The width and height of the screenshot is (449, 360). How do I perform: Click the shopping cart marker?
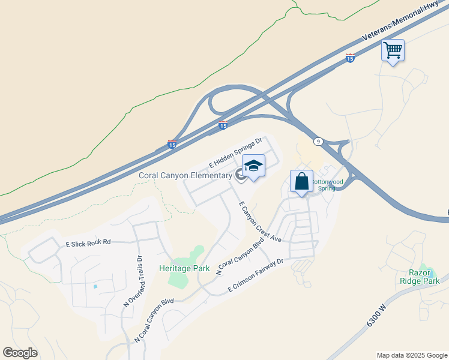(393, 50)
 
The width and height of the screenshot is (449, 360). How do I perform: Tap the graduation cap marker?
(253, 166)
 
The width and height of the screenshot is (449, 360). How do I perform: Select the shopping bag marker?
(301, 182)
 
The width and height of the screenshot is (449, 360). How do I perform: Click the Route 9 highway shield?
(318, 142)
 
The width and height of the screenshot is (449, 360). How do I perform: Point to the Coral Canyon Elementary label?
(185, 176)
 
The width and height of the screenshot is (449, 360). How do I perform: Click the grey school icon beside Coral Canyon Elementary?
(240, 175)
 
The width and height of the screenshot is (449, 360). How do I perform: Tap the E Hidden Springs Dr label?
(236, 152)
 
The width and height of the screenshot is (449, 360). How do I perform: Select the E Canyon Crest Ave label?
(260, 221)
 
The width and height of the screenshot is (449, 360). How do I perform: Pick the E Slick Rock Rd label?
(88, 242)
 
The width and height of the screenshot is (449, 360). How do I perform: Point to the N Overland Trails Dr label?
(133, 281)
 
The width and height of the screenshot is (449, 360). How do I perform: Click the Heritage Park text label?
(184, 268)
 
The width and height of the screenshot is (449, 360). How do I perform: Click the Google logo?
(20, 353)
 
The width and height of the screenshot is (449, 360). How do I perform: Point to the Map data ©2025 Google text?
(411, 355)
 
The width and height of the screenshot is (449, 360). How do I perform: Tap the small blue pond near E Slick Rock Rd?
(95, 287)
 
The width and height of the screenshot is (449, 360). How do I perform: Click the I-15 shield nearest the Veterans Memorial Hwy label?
(350, 58)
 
